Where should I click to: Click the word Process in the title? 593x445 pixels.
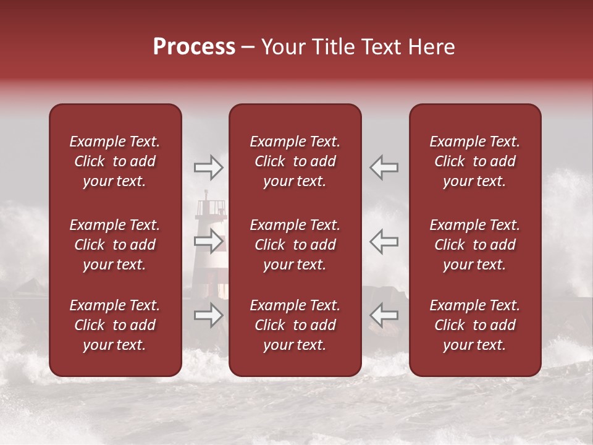tap(194, 47)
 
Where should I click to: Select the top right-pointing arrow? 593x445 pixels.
tap(208, 167)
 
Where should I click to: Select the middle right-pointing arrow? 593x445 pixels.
tap(208, 241)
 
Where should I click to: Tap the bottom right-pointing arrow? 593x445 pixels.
tap(208, 316)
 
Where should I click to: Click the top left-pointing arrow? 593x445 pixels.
tap(384, 167)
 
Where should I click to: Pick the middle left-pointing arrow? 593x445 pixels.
tap(384, 241)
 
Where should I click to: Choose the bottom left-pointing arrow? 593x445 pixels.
tap(384, 316)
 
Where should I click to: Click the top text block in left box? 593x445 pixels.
tap(115, 161)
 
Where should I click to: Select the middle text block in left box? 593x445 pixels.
tap(115, 245)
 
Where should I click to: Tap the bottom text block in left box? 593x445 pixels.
tap(115, 325)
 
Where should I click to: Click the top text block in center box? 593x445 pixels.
tap(295, 161)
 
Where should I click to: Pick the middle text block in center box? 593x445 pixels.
tap(295, 245)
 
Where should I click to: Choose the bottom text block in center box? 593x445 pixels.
tap(295, 325)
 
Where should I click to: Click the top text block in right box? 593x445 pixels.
tap(475, 161)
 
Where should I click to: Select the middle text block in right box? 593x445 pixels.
tap(475, 245)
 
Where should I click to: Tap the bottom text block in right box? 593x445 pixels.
tap(475, 325)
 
